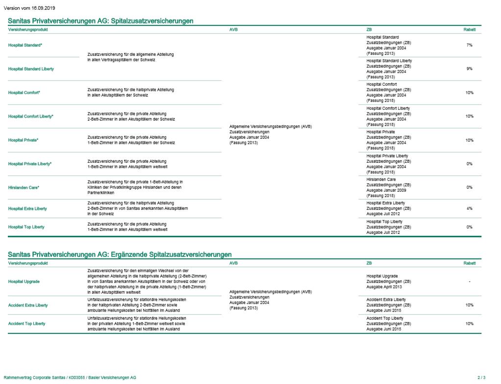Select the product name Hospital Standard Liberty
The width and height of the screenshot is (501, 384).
[x=31, y=69]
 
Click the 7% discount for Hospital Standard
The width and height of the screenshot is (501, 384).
[x=469, y=45]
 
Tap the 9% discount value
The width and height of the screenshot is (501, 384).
[x=469, y=69]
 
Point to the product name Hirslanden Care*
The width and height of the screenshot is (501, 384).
[x=24, y=188]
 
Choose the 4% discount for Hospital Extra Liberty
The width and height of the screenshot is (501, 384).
[x=469, y=208]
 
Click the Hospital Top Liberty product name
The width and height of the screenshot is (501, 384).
[x=26, y=227]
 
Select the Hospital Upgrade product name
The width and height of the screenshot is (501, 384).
[x=24, y=282]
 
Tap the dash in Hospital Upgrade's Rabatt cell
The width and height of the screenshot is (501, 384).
[x=469, y=282]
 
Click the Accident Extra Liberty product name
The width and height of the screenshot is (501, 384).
[x=28, y=306]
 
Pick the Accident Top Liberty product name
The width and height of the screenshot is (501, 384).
[x=27, y=324]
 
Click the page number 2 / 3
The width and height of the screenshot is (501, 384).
[x=481, y=377]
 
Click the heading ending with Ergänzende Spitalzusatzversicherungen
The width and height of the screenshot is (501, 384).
[x=120, y=255]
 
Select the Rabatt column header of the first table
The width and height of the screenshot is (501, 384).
[x=469, y=30]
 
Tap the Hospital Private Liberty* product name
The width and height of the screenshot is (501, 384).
[x=30, y=164]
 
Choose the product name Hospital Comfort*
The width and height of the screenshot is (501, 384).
[x=24, y=93]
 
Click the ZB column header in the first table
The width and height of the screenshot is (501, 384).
[x=369, y=30]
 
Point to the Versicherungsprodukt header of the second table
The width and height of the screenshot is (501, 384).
[x=28, y=263]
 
